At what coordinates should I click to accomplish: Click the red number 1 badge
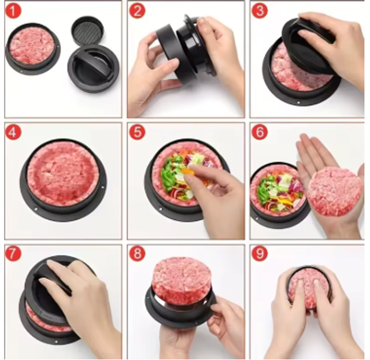[x=13, y=11]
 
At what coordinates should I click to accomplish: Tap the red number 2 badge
[x=137, y=11]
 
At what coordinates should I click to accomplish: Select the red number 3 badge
[x=260, y=11]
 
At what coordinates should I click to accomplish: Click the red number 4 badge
[x=13, y=132]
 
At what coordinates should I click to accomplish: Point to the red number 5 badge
[x=137, y=132]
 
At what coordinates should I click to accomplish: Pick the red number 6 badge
[x=260, y=132]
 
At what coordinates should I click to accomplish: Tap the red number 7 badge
[x=13, y=254]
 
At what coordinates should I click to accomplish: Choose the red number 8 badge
[x=137, y=254]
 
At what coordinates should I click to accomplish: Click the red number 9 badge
[x=260, y=254]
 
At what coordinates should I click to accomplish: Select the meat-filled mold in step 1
[x=33, y=49]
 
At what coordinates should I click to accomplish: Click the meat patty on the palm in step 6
[x=334, y=191]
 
